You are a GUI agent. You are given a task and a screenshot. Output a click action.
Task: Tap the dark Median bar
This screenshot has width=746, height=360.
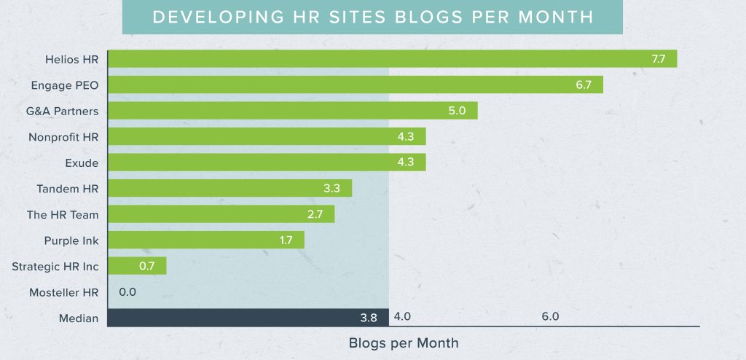coord(248,317)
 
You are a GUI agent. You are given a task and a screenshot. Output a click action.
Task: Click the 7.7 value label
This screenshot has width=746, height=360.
coord(658,59)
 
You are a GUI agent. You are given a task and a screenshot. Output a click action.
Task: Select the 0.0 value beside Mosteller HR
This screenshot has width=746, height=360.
coord(127,292)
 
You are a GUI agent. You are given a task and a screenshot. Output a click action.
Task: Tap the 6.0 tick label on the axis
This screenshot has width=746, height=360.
coord(550,317)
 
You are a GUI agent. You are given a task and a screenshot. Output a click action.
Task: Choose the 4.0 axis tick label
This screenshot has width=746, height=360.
coord(403,317)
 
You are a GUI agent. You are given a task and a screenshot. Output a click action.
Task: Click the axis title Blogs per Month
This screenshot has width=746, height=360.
coord(404,342)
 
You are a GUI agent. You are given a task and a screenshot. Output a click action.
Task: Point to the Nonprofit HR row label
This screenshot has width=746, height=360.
coord(63,137)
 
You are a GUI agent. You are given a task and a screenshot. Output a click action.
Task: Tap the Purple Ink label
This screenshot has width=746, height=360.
coord(71,240)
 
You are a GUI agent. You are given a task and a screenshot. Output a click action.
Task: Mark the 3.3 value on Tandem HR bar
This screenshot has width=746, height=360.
coord(332,189)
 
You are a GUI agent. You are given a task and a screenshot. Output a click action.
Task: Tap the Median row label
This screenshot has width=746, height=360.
coord(79,318)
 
